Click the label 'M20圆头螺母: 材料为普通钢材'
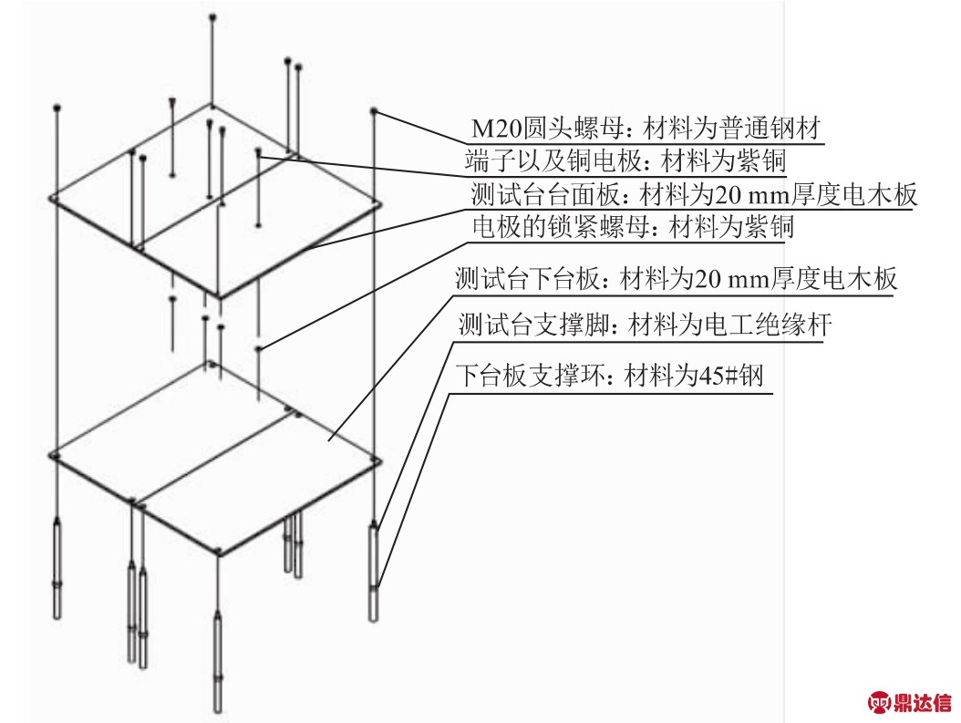pyautogui.click(x=646, y=129)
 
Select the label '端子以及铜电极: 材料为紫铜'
pyautogui.click(x=625, y=161)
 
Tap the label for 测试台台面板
pyautogui.click(x=694, y=195)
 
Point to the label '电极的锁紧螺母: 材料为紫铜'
pyautogui.click(x=633, y=227)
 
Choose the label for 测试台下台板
pyautogui.click(x=676, y=279)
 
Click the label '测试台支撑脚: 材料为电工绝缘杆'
pyautogui.click(x=645, y=325)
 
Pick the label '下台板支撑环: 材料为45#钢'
pyautogui.click(x=609, y=375)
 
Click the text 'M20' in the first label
pyautogui.click(x=496, y=129)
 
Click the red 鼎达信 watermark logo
pyautogui.click(x=910, y=701)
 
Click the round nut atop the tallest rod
pyautogui.click(x=212, y=16)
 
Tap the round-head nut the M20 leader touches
pyautogui.click(x=373, y=111)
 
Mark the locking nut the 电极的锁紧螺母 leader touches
pyautogui.click(x=259, y=348)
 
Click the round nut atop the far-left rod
pyautogui.click(x=57, y=108)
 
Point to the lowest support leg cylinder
pyautogui.click(x=218, y=662)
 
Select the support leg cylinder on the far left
pyautogui.click(x=57, y=567)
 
